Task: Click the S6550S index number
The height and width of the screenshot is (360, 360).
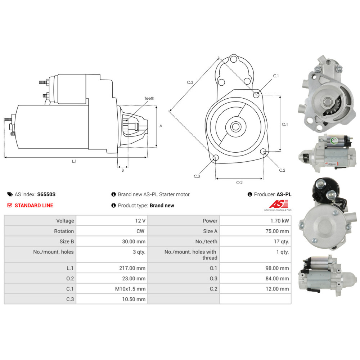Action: pos(46,194)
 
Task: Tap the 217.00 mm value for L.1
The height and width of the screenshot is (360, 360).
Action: pos(136,268)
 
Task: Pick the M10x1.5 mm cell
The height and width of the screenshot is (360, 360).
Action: pos(132,289)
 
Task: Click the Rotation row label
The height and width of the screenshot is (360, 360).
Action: pos(64,231)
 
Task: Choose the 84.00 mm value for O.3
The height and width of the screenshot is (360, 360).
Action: pos(279,278)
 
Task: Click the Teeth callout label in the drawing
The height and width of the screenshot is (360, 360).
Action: pos(149,98)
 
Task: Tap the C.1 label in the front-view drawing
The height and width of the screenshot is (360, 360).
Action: pos(276,76)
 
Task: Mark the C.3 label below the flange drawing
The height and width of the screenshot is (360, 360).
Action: pos(197,176)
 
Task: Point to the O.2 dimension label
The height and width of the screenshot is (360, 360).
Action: pos(239,183)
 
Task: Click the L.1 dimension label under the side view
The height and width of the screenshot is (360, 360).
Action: pos(74,161)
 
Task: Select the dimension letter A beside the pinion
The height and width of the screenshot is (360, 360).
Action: pos(161,126)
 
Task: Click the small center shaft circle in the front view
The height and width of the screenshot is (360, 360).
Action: pos(236,126)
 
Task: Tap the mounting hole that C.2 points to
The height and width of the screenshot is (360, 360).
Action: pos(264,151)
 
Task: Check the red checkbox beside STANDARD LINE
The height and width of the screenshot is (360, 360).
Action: pos(10,205)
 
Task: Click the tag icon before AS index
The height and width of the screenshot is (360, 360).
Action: pos(10,194)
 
